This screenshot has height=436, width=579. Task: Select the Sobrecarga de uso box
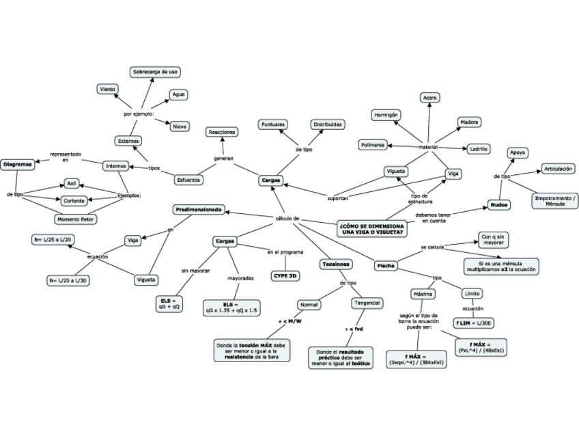(156, 71)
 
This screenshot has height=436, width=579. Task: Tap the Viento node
(107, 89)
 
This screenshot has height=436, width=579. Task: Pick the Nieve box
(180, 126)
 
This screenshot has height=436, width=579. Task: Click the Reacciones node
(223, 131)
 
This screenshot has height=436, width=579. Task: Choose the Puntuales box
(273, 124)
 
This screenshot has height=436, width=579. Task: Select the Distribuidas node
(328, 124)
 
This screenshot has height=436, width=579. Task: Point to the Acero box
(430, 98)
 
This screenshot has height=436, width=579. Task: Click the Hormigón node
(386, 115)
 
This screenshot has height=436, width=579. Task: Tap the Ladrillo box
(477, 148)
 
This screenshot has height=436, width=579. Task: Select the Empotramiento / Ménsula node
(556, 201)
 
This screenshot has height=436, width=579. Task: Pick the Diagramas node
(17, 165)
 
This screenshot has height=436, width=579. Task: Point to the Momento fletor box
(76, 219)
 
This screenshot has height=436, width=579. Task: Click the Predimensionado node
(198, 209)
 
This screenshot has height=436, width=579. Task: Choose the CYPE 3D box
(285, 275)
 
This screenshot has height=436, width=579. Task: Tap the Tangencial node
(367, 303)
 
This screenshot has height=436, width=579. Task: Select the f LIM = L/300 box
(474, 323)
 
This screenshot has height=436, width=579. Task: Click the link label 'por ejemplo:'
(139, 114)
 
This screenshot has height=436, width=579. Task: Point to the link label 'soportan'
(337, 197)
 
